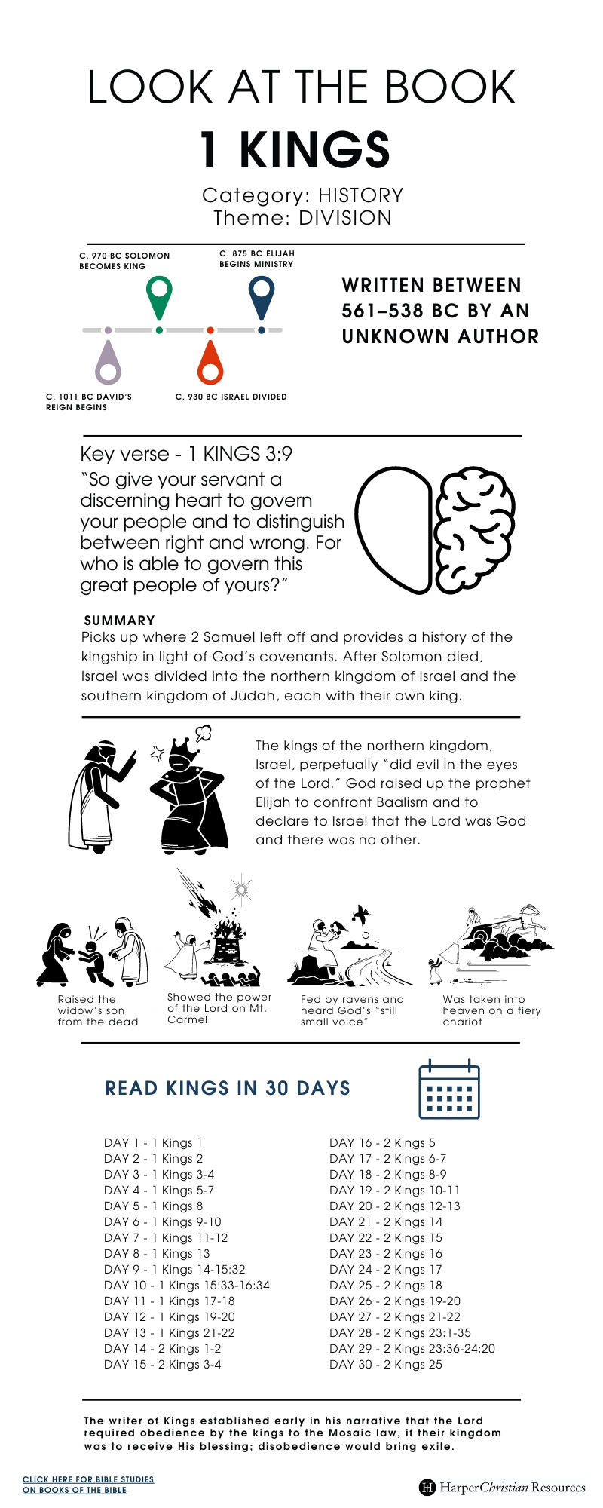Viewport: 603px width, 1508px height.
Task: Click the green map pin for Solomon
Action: (x=159, y=295)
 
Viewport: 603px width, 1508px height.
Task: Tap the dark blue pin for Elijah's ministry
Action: (x=261, y=295)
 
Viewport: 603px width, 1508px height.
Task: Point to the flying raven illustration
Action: (x=361, y=914)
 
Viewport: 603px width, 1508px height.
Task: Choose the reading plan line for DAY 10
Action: (x=187, y=1285)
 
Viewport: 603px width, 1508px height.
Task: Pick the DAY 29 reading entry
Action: (x=412, y=1348)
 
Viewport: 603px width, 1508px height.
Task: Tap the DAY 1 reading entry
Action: (x=153, y=1142)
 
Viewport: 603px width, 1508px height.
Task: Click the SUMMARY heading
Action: (x=120, y=621)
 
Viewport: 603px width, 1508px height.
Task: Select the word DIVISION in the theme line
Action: (x=345, y=218)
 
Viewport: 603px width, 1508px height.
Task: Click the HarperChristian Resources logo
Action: (x=502, y=1487)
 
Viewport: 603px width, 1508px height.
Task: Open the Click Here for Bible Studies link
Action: (x=88, y=1484)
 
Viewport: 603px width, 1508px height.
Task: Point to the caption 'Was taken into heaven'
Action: (x=491, y=1010)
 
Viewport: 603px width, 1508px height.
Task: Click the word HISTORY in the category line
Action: (x=360, y=195)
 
